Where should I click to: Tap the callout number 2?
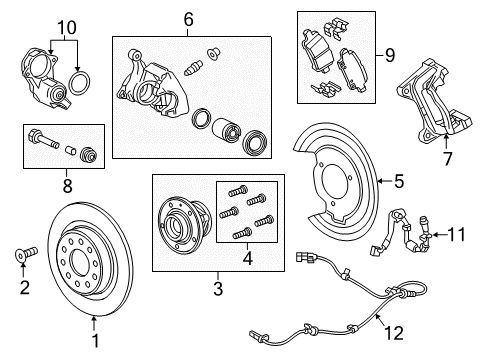point(23,288)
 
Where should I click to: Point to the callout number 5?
point(398,181)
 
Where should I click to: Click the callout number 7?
point(448,158)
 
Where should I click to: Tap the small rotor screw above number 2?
point(23,255)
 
